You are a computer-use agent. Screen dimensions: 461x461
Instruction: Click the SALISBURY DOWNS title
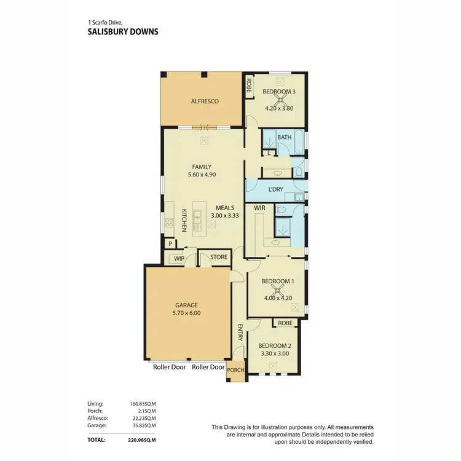click(x=123, y=31)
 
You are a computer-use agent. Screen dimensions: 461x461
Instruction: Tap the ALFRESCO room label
click(x=204, y=101)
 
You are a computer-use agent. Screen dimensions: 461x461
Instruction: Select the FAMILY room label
click(x=202, y=167)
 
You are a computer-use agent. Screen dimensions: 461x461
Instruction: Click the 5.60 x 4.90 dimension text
click(x=202, y=175)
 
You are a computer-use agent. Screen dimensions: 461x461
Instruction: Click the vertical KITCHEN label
click(x=183, y=221)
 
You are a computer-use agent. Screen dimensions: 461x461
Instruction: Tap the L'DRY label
click(x=276, y=189)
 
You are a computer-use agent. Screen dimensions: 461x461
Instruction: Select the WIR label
click(x=259, y=208)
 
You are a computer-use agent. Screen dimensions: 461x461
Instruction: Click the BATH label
click(x=284, y=137)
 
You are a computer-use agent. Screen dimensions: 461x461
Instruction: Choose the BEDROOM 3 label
click(x=279, y=92)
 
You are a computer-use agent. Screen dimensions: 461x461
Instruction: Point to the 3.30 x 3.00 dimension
click(x=274, y=353)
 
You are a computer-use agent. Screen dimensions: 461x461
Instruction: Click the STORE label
click(x=219, y=258)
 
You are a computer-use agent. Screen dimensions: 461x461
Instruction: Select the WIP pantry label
click(x=179, y=259)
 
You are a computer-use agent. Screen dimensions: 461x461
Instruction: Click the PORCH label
click(x=235, y=370)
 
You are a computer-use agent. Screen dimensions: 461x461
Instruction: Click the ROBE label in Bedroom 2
click(x=285, y=322)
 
